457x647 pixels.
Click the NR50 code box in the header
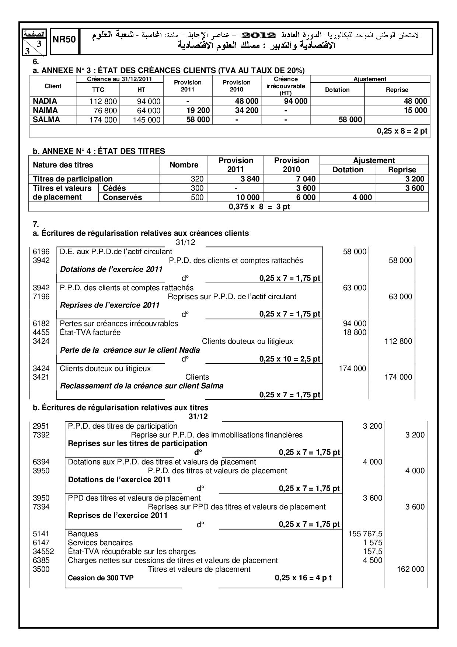pos(64,40)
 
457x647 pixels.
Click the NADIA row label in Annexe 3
pos(45,101)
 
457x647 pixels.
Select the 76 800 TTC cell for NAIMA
pos(104,111)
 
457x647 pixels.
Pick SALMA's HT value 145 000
pos(146,120)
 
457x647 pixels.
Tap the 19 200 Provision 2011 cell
pos(198,110)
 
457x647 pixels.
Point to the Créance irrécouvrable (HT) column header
pos(286,86)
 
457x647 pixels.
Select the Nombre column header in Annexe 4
pos(184,165)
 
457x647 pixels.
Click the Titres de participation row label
pos(73,179)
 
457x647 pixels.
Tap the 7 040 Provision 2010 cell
pos(306,179)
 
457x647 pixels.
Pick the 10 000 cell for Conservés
pos(248,197)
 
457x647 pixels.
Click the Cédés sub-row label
pos(114,188)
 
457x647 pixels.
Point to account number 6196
pos(41,252)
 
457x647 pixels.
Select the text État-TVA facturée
pos(90,332)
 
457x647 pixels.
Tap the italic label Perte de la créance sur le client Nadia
pos(130,350)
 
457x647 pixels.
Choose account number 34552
pos(43,551)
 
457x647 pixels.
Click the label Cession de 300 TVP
pos(101,578)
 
